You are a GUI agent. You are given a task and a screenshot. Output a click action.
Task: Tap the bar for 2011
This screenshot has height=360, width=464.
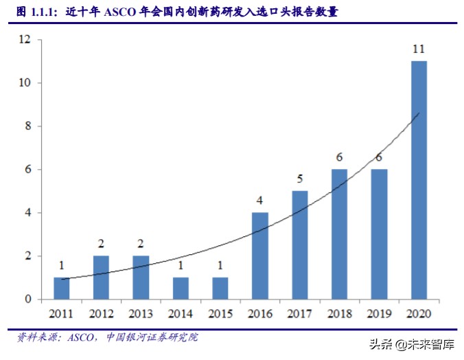tap(61, 288)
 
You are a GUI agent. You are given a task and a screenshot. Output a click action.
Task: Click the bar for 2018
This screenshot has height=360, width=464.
tap(338, 234)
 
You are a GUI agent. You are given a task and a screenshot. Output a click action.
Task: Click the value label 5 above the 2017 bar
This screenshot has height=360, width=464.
tap(299, 179)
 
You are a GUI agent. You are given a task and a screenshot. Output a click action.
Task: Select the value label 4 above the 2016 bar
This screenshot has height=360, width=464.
tap(259, 201)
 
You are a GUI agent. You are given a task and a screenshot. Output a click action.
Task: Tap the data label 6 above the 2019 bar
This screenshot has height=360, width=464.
tap(379, 157)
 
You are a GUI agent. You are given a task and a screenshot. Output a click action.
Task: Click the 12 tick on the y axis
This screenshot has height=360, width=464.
tap(25, 40)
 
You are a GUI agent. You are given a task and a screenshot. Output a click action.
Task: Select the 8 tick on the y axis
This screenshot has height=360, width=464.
tap(28, 126)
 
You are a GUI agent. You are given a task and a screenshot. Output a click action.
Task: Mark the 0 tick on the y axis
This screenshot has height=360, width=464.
tap(28, 299)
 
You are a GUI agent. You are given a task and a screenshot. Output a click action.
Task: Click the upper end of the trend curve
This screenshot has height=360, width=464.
tap(419, 113)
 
